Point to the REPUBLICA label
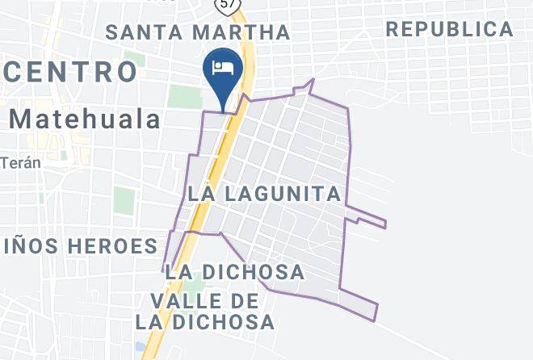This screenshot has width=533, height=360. click(449, 30)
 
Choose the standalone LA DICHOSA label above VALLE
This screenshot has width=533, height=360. click(234, 272)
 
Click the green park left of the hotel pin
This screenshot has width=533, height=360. click(185, 97)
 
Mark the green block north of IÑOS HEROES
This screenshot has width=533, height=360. click(124, 199)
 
